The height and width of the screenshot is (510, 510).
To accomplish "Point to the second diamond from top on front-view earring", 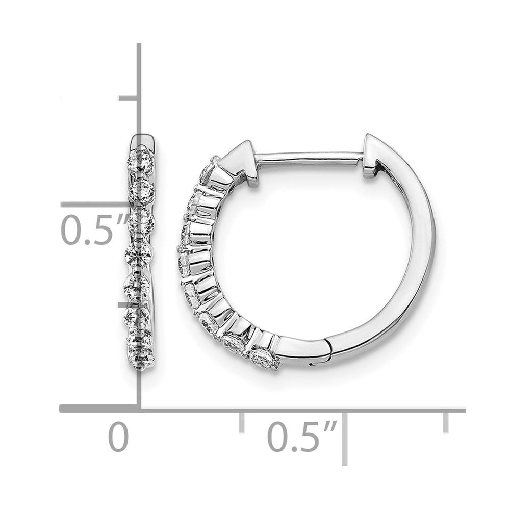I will [141, 190].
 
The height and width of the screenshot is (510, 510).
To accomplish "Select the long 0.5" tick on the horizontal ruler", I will [347, 436].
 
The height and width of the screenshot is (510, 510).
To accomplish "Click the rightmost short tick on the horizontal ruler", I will [447, 422].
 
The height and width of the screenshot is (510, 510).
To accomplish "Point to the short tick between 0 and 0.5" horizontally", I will [242, 422].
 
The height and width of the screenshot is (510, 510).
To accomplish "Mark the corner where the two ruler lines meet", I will [140, 408].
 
